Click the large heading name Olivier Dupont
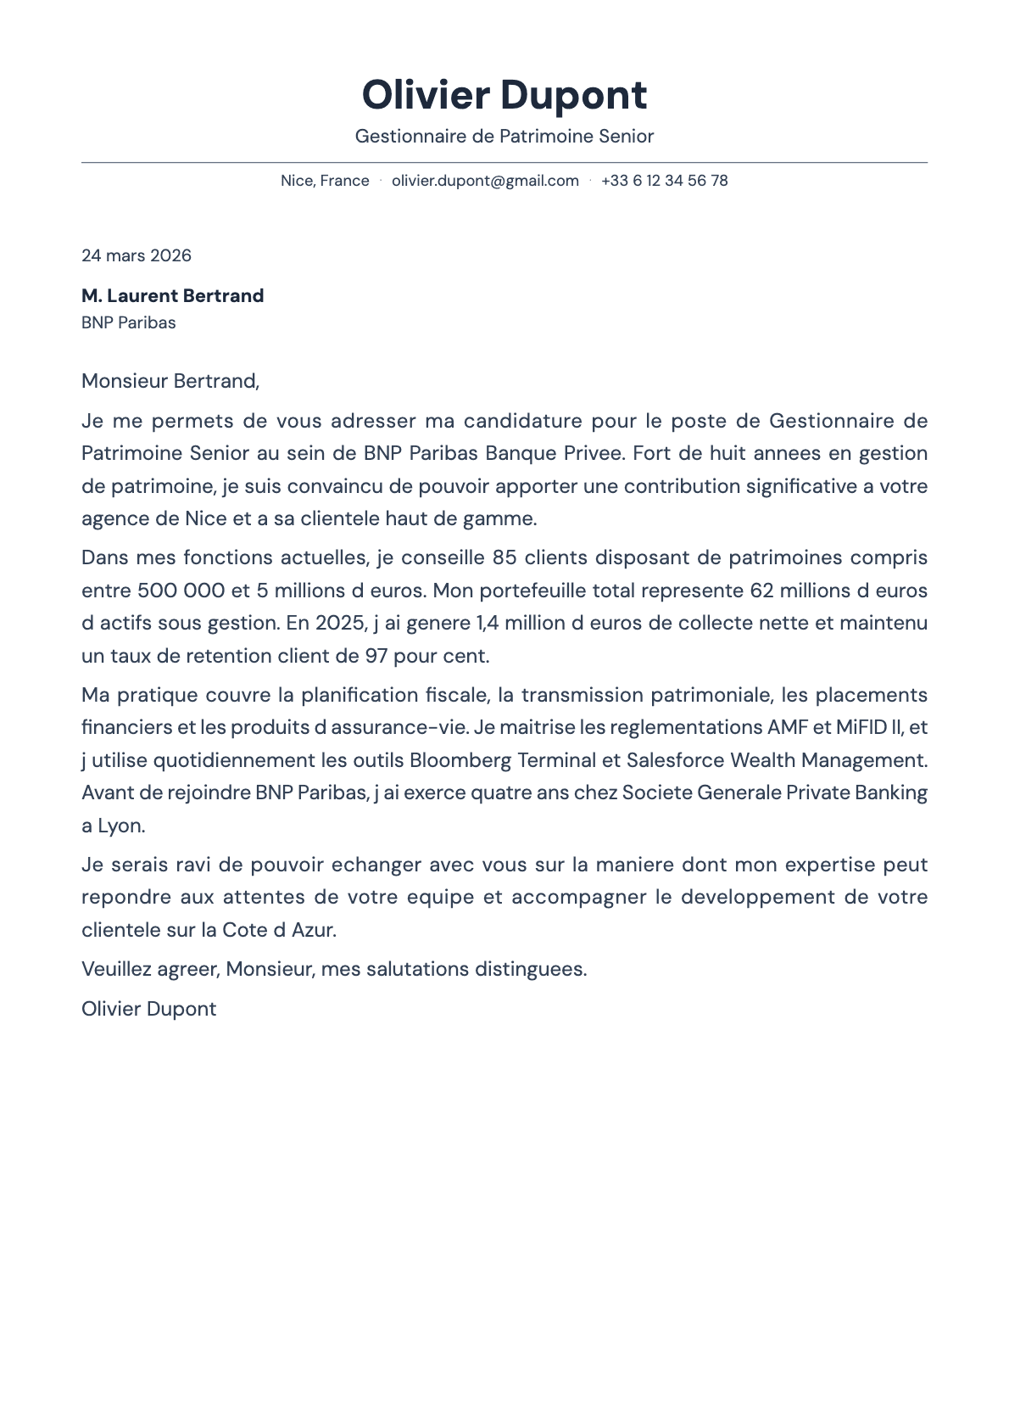click(504, 95)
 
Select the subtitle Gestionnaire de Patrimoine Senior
click(504, 137)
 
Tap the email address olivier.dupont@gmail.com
click(485, 181)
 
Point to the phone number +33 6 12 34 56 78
click(664, 181)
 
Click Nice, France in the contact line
click(325, 181)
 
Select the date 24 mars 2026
click(137, 255)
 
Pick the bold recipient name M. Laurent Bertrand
click(172, 296)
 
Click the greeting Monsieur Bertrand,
click(170, 381)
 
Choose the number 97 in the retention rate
click(376, 656)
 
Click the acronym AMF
click(788, 727)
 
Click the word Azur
click(313, 930)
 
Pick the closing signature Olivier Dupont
click(148, 1009)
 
